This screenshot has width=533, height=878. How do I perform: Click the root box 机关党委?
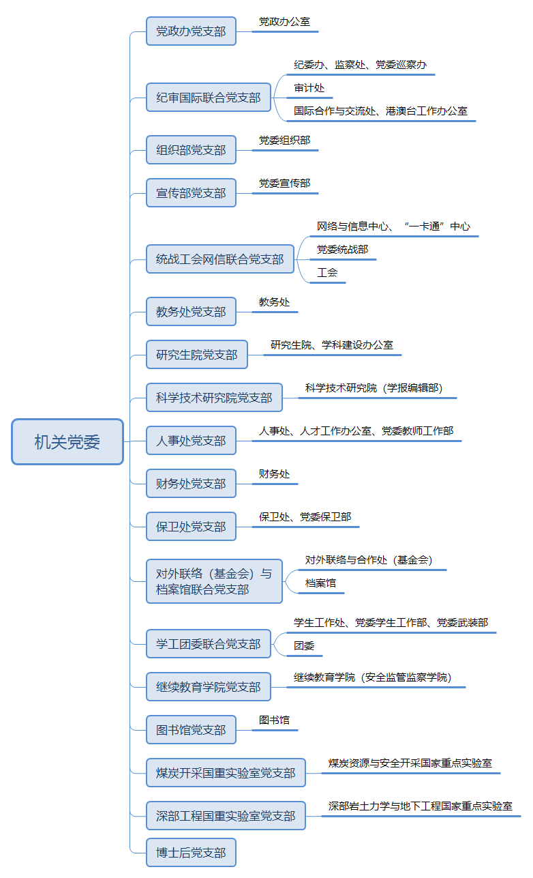coord(67,442)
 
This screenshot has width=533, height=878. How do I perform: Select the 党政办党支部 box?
coord(191,31)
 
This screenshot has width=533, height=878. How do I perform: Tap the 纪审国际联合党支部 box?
coord(209,97)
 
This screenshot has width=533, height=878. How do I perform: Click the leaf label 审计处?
coord(309,88)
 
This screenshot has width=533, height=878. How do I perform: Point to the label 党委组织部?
coord(285,141)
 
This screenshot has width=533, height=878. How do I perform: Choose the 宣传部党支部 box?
coord(191,193)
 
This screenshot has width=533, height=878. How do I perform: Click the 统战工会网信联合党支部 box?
coord(220,259)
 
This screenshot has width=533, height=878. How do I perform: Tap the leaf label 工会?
coord(327,272)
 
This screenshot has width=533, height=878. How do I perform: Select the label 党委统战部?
coord(343,249)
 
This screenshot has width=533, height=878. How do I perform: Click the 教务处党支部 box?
coord(191,312)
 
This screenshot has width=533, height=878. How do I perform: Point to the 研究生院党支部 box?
coord(197,355)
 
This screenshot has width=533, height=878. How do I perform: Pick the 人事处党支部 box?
coord(191,441)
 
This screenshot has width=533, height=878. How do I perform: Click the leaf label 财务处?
coord(274,474)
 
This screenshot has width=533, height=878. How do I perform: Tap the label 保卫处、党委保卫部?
coord(305,517)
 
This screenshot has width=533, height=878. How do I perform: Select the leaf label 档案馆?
coord(321,583)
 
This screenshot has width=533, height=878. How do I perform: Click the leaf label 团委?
coord(304,645)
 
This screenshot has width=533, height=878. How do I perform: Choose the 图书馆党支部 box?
coord(191,730)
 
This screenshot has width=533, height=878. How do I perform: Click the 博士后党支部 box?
coord(191,853)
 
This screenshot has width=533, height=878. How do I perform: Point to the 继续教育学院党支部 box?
coord(209,687)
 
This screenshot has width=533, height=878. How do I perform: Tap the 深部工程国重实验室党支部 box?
coord(226,816)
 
